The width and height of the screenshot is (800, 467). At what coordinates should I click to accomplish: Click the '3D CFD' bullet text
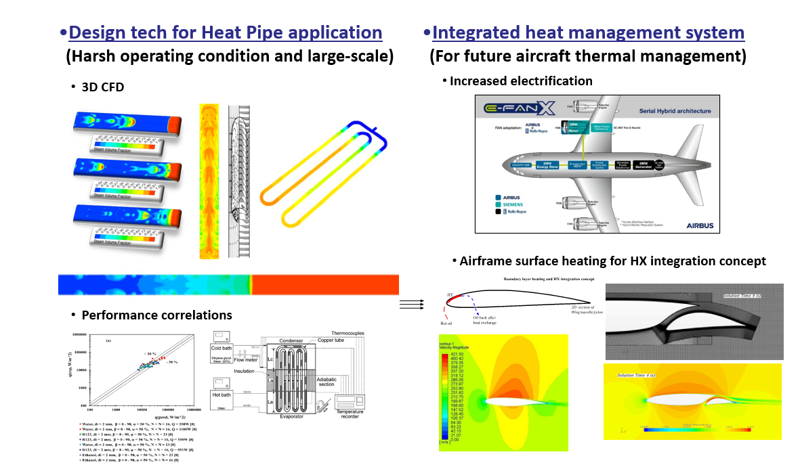click(x=102, y=87)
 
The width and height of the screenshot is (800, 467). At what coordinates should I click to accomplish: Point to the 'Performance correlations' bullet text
click(x=156, y=315)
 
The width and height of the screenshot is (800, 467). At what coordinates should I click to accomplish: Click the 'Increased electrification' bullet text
click(x=521, y=81)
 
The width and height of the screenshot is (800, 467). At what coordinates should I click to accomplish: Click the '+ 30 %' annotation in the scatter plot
click(x=150, y=354)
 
